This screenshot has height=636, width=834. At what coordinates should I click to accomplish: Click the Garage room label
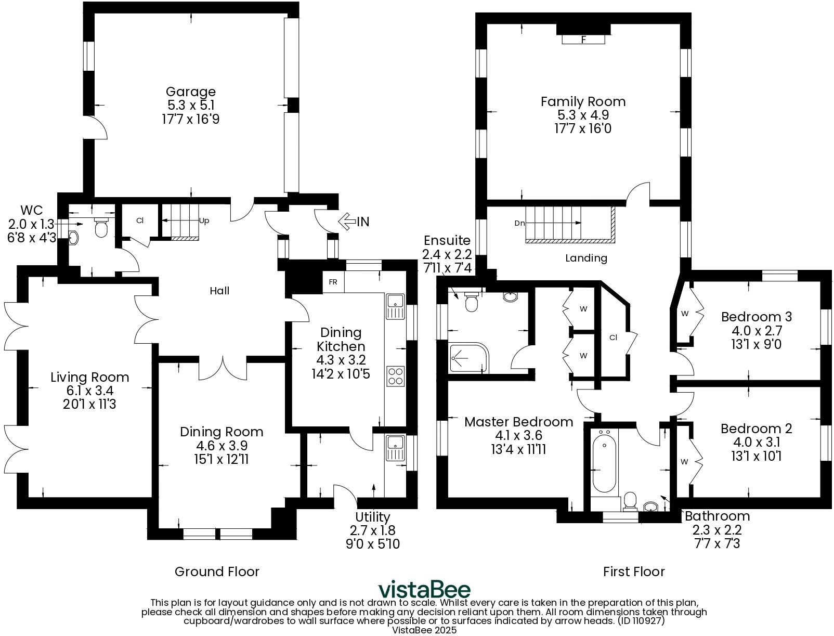pos(190,93)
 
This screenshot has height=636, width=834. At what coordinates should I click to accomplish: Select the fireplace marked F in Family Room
pos(583,39)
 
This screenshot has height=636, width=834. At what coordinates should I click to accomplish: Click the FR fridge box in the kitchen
pos(333,282)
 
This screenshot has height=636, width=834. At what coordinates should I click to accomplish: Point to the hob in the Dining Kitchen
pos(396,376)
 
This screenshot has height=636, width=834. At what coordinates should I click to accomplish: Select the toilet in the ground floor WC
pos(101,227)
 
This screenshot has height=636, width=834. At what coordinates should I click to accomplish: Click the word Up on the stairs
pos(204,220)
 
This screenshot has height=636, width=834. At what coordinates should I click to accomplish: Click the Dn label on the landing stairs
pos(519,223)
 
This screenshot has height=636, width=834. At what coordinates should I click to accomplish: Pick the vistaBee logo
pos(424,590)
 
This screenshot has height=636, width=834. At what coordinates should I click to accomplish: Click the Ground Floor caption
pos(217,572)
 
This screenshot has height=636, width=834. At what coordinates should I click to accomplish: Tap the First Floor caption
pos(634,572)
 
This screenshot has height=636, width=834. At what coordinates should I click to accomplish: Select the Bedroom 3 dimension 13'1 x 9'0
pos(756,344)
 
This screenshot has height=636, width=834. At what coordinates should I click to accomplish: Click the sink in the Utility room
pos(395,448)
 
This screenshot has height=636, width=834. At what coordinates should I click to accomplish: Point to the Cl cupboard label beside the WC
pos(140,220)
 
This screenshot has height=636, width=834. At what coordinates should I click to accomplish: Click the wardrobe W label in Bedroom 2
pos(684,462)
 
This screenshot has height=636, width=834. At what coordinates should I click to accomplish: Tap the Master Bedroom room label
pos(518,422)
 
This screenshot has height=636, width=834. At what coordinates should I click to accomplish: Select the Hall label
pos(219,291)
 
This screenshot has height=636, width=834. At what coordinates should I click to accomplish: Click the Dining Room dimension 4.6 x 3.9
pos(221,446)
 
